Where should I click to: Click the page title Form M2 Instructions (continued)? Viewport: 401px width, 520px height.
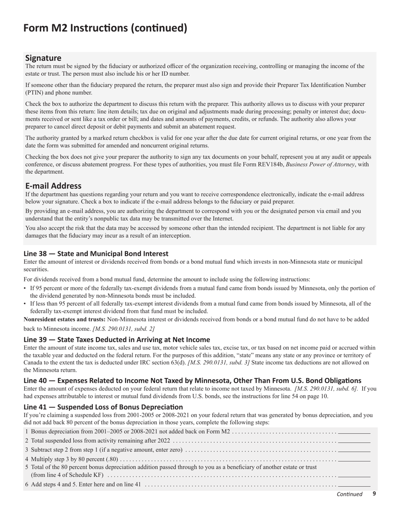[105, 28]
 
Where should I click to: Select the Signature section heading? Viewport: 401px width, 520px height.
[43, 58]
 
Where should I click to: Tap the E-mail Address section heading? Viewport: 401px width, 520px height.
[53, 186]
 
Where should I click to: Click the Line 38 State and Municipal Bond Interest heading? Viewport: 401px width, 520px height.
[96, 254]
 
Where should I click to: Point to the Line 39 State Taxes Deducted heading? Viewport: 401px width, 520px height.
[117, 339]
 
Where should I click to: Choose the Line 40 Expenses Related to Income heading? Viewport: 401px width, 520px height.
[192, 380]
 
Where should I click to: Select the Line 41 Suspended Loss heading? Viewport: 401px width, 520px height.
[103, 407]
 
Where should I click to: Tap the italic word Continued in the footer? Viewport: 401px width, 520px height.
[350, 494]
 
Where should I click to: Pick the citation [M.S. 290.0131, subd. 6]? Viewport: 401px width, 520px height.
[327, 388]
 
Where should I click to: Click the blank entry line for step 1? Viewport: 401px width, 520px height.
[354, 432]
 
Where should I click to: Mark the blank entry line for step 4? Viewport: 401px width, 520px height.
[354, 460]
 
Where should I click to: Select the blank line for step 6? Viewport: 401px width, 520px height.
[354, 484]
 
